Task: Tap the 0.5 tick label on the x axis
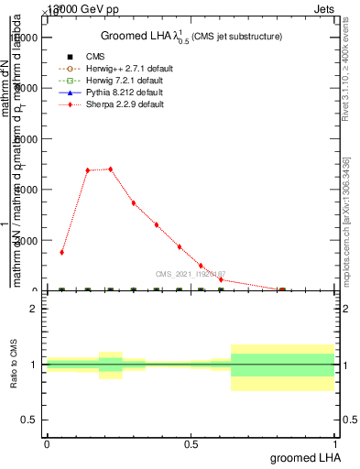pyautogui.click(x=191, y=443)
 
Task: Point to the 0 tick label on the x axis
pyautogui.click(x=47, y=443)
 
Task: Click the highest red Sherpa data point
pyautogui.click(x=111, y=169)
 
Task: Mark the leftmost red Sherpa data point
pyautogui.click(x=62, y=252)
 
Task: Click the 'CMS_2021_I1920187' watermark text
pyautogui.click(x=190, y=274)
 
